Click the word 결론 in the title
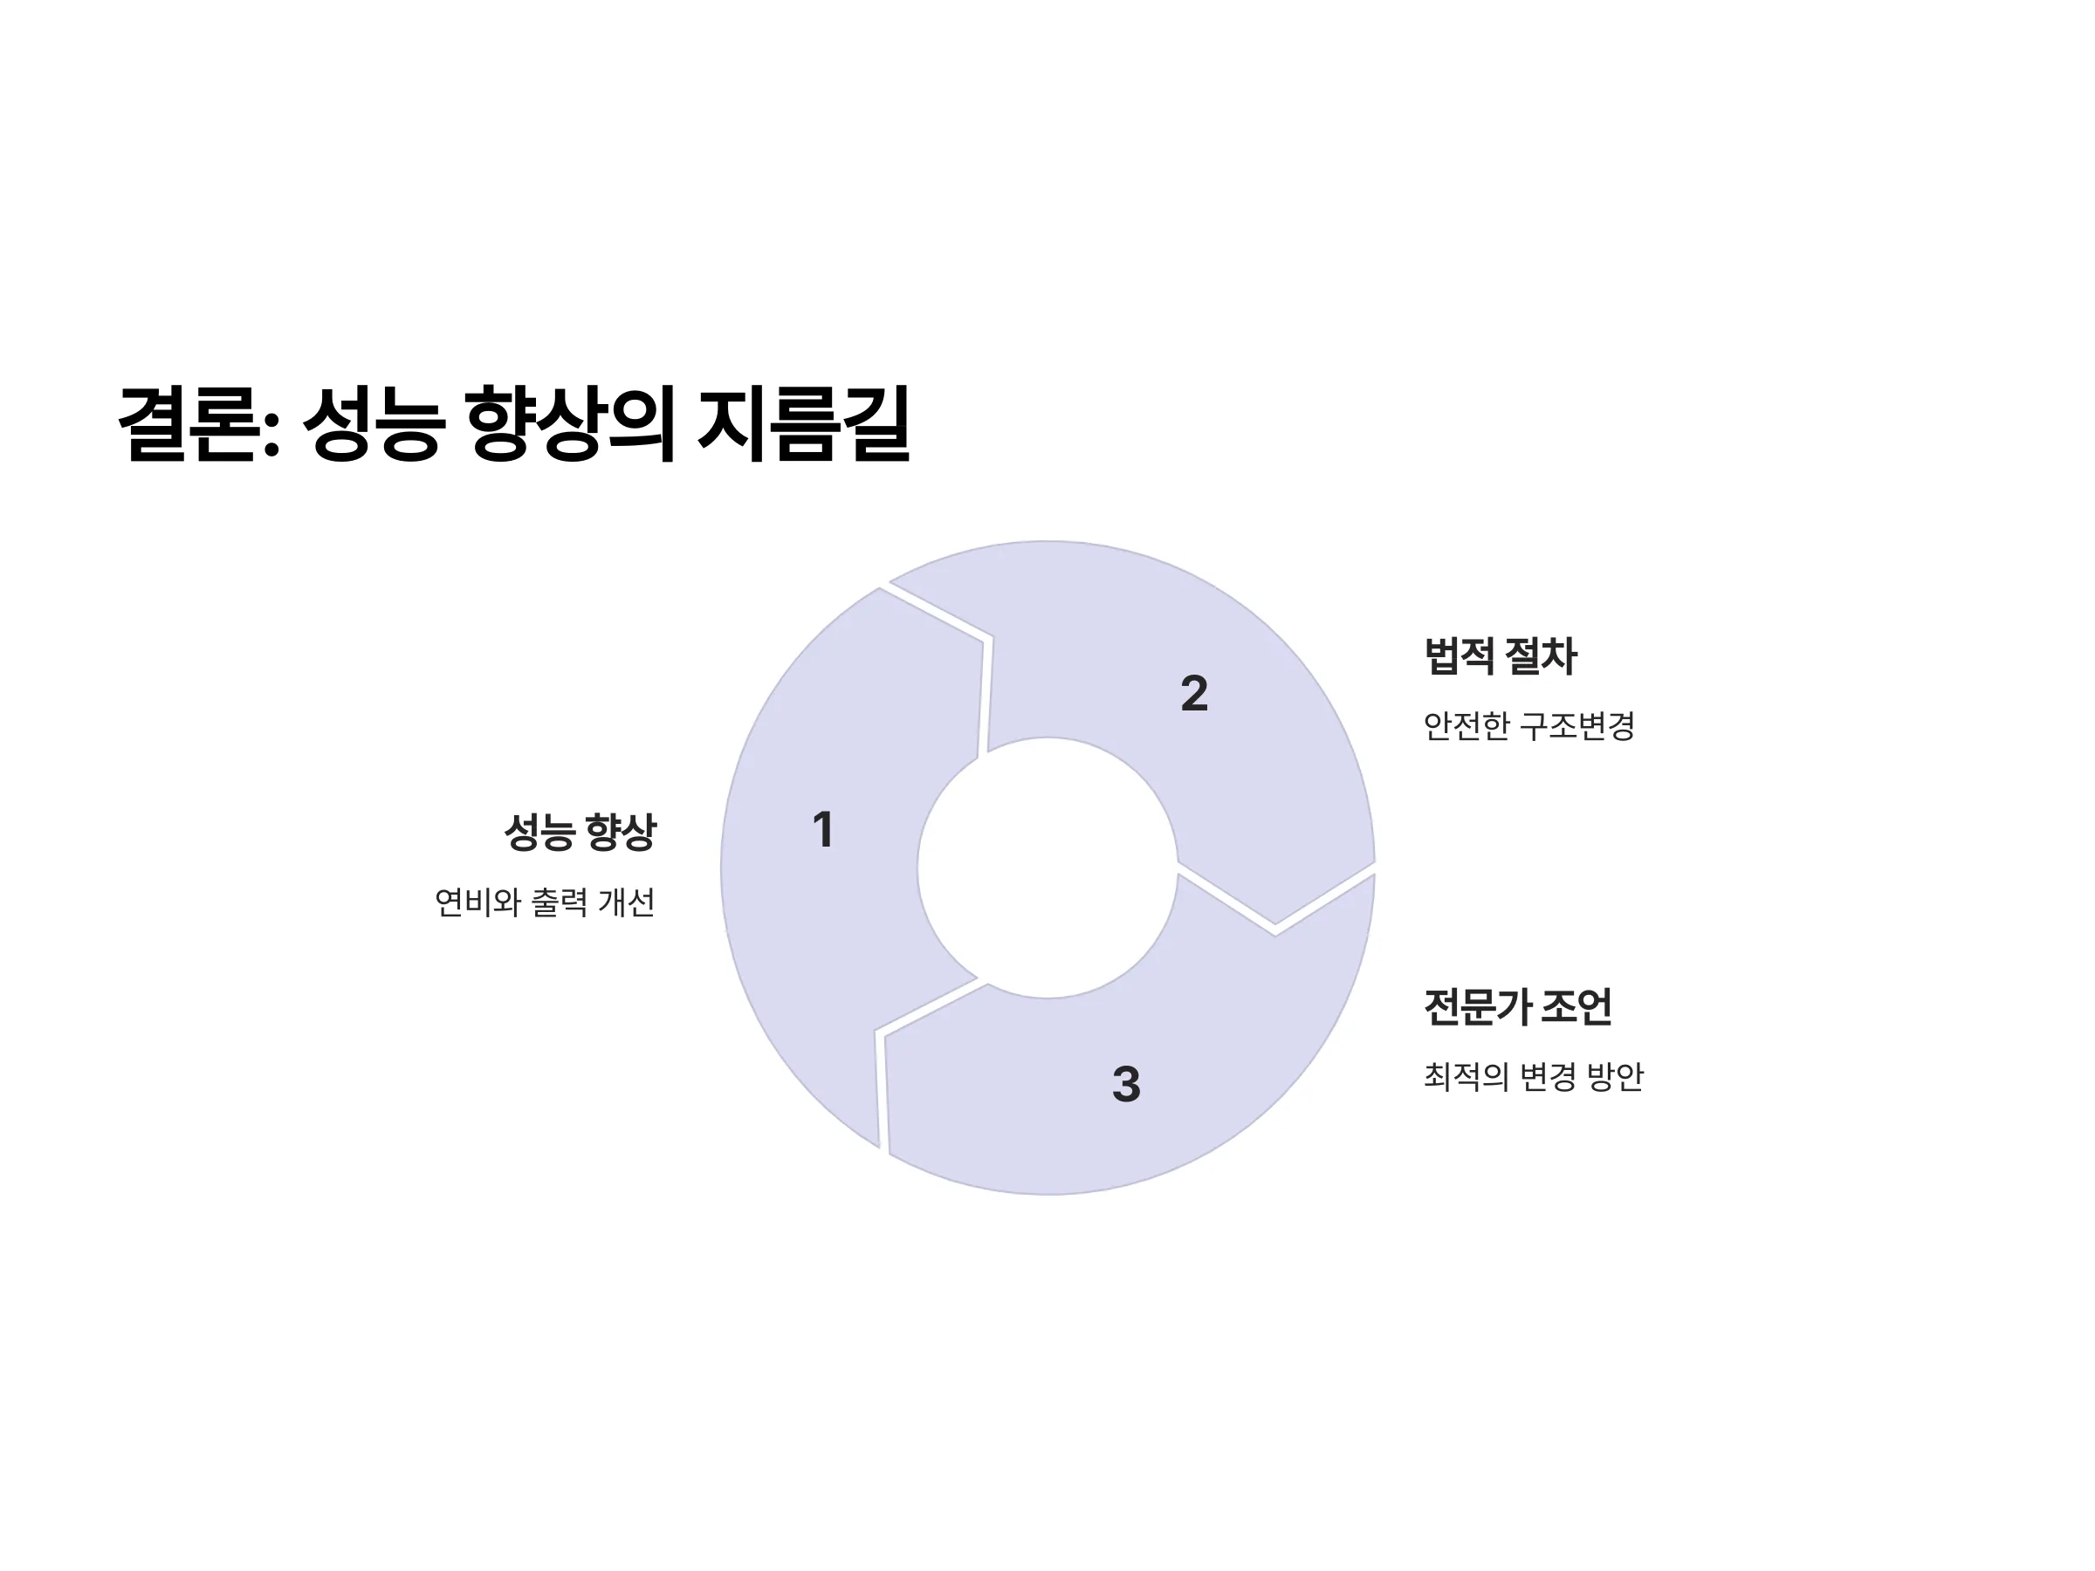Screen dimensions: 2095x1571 point(188,423)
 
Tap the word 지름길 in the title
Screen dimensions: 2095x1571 point(804,423)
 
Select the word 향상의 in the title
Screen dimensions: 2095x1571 point(571,423)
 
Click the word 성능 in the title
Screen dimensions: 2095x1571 point(372,423)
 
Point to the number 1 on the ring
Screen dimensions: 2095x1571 point(823,829)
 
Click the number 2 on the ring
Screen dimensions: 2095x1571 point(1194,693)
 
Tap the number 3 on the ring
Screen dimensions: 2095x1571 point(1126,1084)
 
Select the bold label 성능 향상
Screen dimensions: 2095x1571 point(580,833)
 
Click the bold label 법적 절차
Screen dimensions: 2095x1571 point(1501,656)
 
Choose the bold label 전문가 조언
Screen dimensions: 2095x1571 point(1517,1006)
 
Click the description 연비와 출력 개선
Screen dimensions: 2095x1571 point(545,902)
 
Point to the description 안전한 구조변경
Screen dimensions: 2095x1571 point(1529,726)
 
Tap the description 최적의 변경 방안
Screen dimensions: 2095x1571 point(1534,1077)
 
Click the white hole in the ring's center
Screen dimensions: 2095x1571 point(1047,868)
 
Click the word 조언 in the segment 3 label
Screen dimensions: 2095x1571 point(1576,1006)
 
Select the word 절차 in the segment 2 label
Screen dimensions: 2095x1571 point(1541,656)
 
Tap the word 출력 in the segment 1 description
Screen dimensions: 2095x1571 point(560,902)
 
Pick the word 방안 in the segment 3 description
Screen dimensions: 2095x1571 point(1616,1077)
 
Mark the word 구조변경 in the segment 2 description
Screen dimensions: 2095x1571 point(1577,726)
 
